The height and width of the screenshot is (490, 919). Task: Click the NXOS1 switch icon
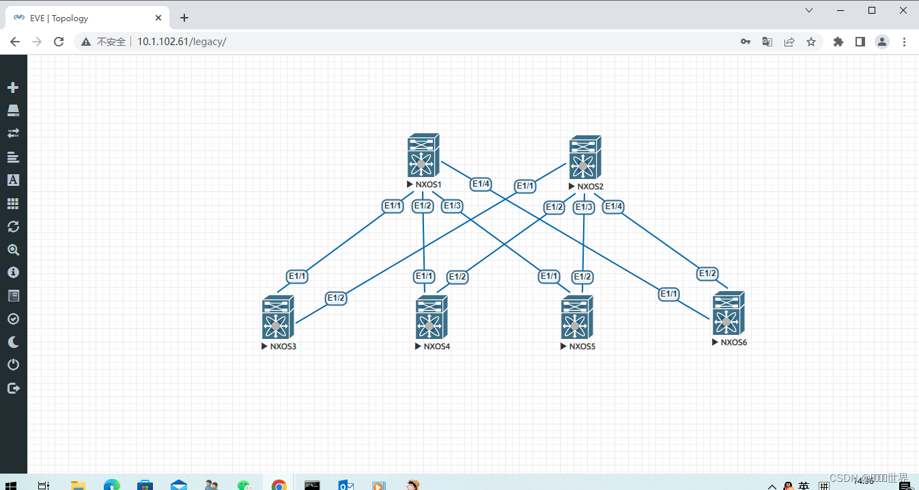[423, 156]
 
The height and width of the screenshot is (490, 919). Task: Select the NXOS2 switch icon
[584, 158]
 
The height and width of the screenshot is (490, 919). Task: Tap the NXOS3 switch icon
[277, 318]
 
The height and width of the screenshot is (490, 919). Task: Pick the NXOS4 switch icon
[431, 318]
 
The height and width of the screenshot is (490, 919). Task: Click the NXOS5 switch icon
[576, 318]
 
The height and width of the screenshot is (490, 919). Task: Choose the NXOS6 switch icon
[728, 314]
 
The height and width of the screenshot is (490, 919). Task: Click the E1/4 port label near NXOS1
[481, 184]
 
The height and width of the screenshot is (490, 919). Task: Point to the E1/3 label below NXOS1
[452, 206]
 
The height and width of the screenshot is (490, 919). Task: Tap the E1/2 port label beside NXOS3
[336, 298]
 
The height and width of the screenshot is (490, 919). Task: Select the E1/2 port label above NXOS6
[707, 273]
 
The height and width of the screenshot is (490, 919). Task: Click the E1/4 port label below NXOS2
[613, 206]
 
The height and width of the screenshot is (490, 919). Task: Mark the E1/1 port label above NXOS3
[298, 276]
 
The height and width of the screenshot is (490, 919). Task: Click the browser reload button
[59, 42]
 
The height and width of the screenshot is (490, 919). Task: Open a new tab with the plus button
[184, 18]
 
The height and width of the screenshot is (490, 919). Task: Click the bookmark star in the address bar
[811, 42]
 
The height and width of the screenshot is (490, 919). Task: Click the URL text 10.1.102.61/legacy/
[182, 42]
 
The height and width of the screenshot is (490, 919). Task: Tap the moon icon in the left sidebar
[13, 342]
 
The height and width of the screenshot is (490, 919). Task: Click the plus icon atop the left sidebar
[13, 87]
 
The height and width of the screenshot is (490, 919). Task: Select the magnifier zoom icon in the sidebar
[13, 249]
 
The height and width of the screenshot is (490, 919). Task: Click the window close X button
[903, 10]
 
